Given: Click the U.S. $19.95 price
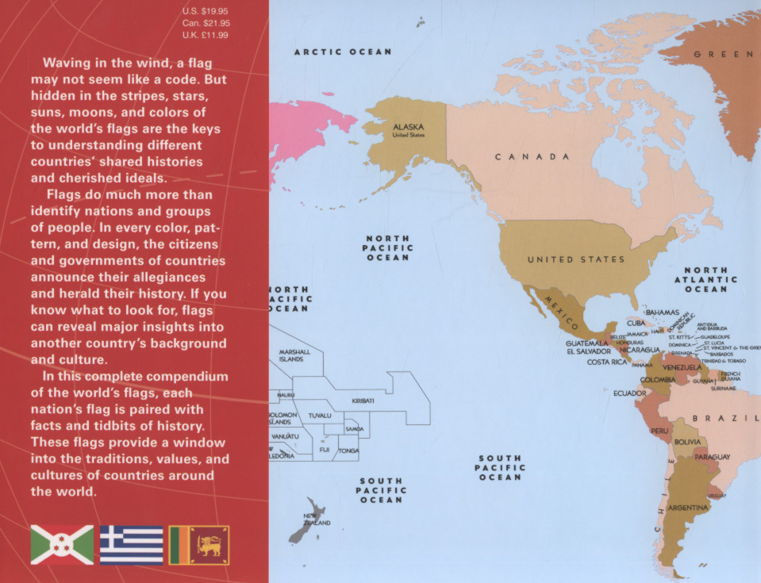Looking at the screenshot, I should coord(206,10).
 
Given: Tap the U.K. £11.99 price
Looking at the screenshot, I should coord(206,35).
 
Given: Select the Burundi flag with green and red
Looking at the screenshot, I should coord(62,545).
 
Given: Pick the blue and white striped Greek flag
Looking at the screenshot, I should coord(131,545).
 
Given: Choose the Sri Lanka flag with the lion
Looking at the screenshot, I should coord(199,545).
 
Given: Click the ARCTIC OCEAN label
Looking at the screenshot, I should coord(343,52).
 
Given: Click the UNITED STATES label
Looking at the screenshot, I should coord(576,259).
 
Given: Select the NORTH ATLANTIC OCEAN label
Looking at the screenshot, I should coord(705,280).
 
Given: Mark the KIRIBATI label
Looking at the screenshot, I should coord(363,401).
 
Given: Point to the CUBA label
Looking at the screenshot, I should coord(636,324).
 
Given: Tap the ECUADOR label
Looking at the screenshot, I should coord(629,393).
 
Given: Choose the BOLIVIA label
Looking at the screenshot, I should coord(687,441).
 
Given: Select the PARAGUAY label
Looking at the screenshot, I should coord(712,458).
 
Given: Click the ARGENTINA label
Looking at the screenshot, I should coord(688,508).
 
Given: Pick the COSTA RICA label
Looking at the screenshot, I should coord(607,362).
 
